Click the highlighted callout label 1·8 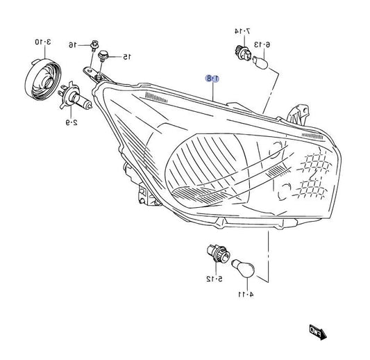click(212, 79)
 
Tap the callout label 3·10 click(43, 42)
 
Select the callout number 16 click(73, 44)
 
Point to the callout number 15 click(127, 57)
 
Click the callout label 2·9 click(72, 122)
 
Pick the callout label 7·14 click(242, 31)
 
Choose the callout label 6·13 click(262, 44)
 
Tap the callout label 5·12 click(215, 279)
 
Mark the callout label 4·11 click(246, 295)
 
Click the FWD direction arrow click(318, 332)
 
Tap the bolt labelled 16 click(94, 46)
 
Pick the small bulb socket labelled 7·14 click(243, 53)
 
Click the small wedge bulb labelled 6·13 click(260, 63)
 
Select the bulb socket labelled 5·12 click(218, 254)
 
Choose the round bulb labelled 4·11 click(244, 268)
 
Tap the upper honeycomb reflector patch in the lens click(314, 162)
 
